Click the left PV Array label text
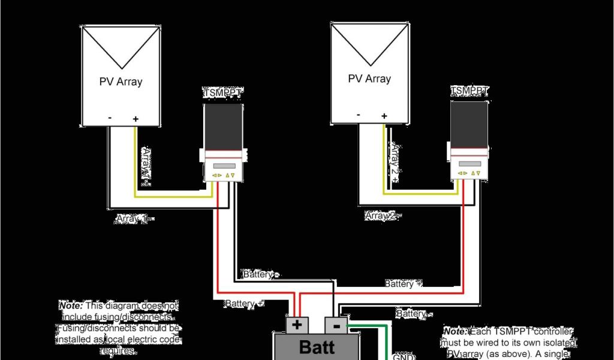[121, 82]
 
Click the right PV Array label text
[369, 79]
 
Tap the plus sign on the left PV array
[136, 119]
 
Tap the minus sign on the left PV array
[110, 118]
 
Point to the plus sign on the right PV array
[384, 116]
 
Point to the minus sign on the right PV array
[358, 115]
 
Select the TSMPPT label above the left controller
[222, 94]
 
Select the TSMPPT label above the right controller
[469, 91]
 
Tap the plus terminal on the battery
[297, 326]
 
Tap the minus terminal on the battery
[336, 326]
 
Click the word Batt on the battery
[317, 347]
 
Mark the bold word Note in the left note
[71, 305]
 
